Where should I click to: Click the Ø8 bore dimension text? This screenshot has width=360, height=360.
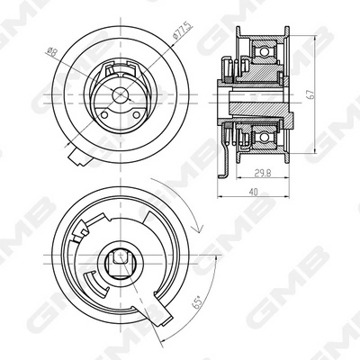[x=52, y=52]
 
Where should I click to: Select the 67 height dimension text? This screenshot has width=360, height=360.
[x=311, y=94]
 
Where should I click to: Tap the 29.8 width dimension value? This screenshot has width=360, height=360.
[x=263, y=173]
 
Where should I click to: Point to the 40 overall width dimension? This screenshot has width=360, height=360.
[x=254, y=193]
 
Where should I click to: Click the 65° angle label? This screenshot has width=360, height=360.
[x=197, y=302]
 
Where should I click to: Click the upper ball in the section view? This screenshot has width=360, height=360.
[x=264, y=52]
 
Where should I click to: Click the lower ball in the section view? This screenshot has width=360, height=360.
[x=264, y=138]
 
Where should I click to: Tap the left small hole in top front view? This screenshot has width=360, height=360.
[x=104, y=114]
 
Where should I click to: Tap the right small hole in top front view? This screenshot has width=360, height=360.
[x=136, y=114]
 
